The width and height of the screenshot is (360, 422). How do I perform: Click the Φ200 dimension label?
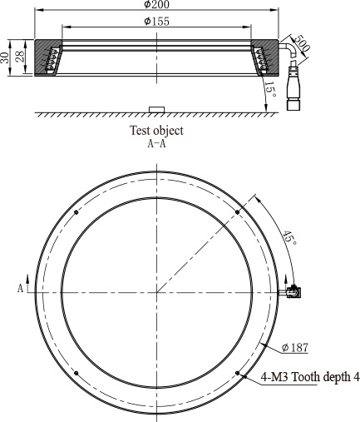tap(156, 4)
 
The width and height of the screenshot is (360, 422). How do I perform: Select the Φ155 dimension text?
tap(156, 22)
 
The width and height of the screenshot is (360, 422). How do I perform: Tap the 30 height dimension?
tap(4, 57)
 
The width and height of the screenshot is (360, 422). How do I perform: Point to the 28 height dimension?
tap(20, 57)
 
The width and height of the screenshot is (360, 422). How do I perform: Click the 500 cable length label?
tap(300, 43)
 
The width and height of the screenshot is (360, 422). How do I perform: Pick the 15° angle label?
tap(270, 89)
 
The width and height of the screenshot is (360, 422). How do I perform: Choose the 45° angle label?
tap(289, 237)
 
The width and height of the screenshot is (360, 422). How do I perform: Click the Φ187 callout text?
tap(295, 347)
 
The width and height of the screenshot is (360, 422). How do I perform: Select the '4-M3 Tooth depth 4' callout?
tap(310, 377)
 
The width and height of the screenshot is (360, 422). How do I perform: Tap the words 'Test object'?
tap(156, 131)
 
